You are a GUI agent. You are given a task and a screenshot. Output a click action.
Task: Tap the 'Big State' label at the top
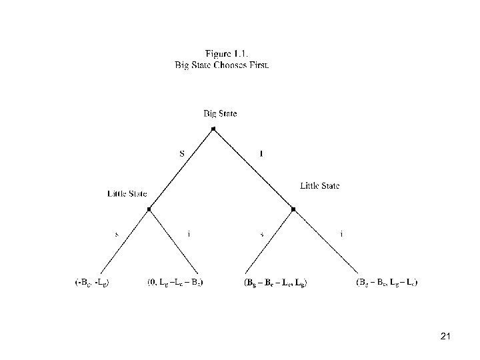(x=220, y=113)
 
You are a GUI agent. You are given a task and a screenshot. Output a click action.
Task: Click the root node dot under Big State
(x=213, y=128)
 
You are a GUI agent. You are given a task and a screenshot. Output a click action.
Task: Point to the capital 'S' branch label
(x=183, y=153)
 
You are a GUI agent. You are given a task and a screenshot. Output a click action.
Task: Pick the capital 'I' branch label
(x=261, y=153)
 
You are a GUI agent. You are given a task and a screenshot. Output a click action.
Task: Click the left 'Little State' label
(x=127, y=194)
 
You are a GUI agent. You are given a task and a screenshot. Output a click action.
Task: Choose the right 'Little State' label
(x=319, y=186)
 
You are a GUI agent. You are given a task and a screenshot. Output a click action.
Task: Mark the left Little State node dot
(x=149, y=209)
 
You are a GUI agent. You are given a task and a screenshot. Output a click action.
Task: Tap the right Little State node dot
(x=293, y=209)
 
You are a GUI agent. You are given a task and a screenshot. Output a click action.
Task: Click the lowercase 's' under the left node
(x=117, y=234)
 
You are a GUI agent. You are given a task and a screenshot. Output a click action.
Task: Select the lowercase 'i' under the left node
(x=189, y=234)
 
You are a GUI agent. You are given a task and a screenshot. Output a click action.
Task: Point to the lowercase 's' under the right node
(x=262, y=234)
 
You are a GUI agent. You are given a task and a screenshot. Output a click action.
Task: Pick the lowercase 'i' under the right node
(x=342, y=234)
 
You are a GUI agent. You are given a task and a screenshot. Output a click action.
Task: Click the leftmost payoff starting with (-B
(x=92, y=283)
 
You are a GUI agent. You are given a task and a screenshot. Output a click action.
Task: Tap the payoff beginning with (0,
(x=175, y=283)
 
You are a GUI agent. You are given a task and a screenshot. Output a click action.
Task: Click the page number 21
(x=445, y=338)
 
